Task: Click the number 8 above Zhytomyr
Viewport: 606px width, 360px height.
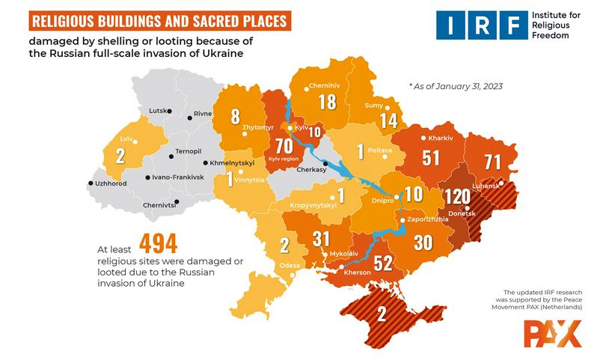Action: point(236,116)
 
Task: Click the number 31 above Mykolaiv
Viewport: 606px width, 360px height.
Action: point(321,239)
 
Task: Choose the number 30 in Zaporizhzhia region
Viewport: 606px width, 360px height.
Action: point(423,242)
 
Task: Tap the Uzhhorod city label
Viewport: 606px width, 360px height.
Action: point(109,183)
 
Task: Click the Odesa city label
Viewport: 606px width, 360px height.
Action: point(290,266)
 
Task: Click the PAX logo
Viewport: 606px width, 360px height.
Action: point(551,332)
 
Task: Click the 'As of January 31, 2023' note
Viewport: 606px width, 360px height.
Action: point(455,86)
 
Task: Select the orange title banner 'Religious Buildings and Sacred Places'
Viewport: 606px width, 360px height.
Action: point(153,20)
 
